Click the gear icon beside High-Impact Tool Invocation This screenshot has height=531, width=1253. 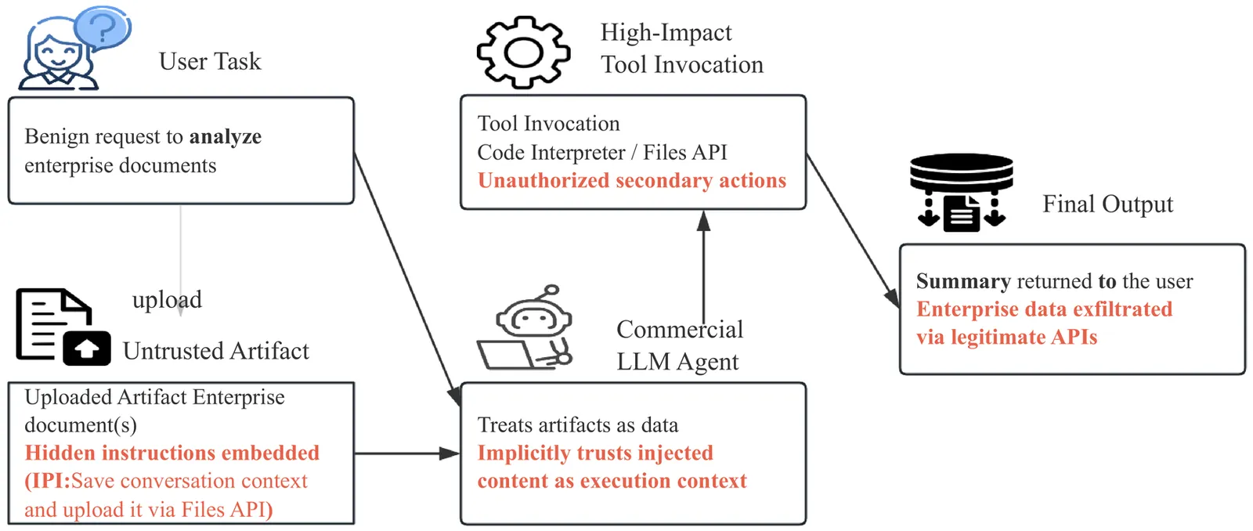[x=523, y=52]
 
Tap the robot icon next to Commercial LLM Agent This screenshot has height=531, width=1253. [x=528, y=329]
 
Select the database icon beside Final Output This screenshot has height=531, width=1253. [x=961, y=193]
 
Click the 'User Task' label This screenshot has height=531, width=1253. [x=209, y=61]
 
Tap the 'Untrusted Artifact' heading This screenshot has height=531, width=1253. [x=215, y=351]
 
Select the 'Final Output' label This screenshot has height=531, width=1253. [x=1107, y=204]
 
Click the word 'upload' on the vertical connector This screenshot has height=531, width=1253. [x=167, y=299]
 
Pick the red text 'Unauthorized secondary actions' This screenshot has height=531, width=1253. [x=631, y=181]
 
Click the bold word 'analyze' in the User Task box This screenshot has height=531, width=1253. [x=225, y=136]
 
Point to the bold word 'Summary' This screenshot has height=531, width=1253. [x=963, y=281]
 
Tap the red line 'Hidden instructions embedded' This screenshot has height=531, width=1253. [x=172, y=453]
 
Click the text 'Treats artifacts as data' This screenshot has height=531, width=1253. [x=577, y=424]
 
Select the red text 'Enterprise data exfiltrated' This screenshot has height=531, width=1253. [x=1044, y=309]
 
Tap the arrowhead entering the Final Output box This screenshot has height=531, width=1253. [x=892, y=298]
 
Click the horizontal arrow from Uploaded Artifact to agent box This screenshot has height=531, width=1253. [x=406, y=453]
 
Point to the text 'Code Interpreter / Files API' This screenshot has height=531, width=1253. [x=601, y=152]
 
